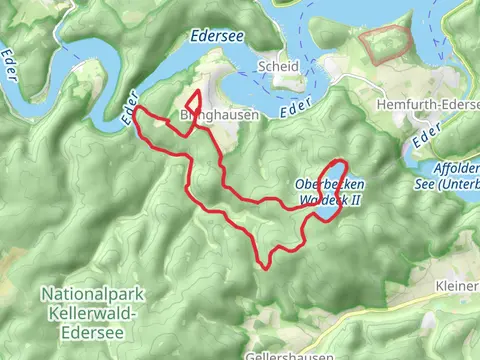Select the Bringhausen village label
(x=219, y=115)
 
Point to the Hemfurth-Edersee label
(x=426, y=104)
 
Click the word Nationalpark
(x=86, y=294)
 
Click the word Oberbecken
(x=330, y=185)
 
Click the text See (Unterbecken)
(x=455, y=182)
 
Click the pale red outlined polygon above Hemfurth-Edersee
(x=386, y=45)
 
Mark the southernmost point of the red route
(x=265, y=267)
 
